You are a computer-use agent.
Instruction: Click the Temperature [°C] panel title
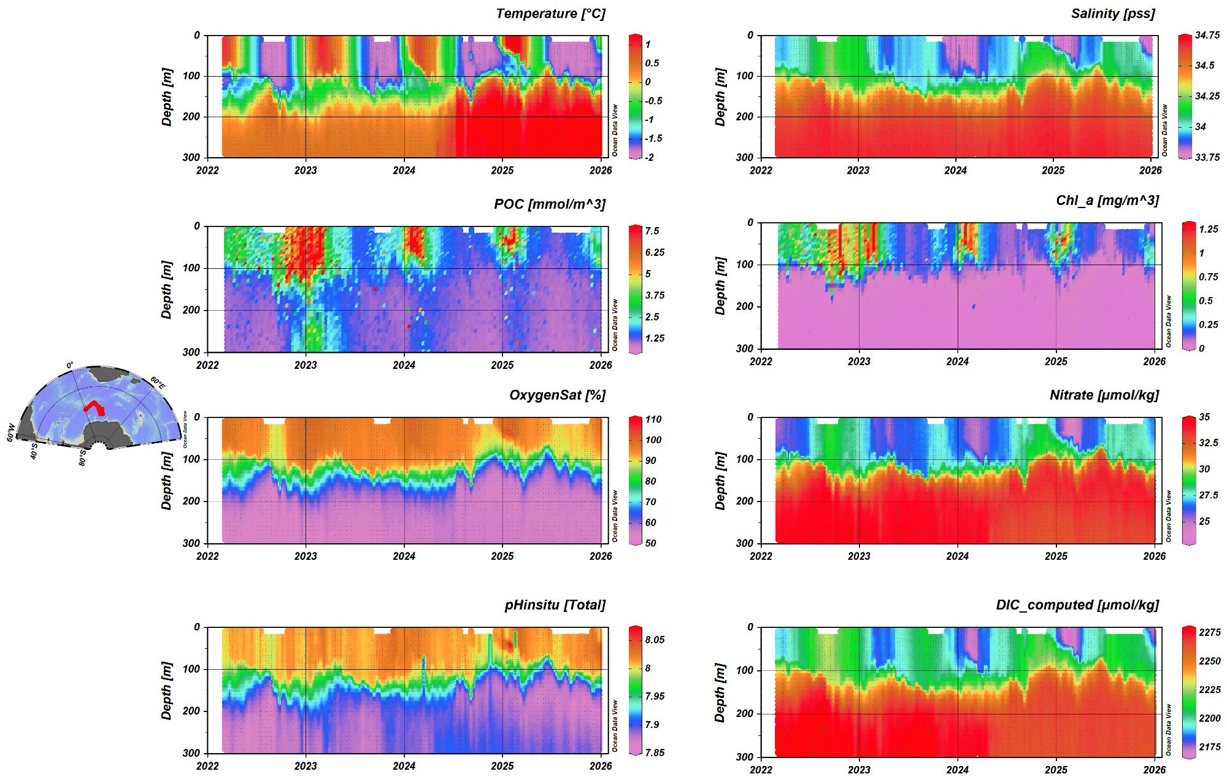(550, 14)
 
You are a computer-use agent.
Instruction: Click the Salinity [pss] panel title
(1113, 14)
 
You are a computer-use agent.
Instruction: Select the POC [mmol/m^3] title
(550, 204)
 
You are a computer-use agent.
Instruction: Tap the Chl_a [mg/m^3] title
(1107, 201)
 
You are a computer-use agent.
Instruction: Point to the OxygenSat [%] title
(557, 395)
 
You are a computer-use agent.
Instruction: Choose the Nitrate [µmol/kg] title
(1104, 395)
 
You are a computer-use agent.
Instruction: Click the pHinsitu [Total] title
(555, 605)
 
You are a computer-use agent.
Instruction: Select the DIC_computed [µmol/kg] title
(1077, 605)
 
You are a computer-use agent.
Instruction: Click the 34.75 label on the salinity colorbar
(1207, 36)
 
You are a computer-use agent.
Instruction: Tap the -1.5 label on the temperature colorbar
(653, 139)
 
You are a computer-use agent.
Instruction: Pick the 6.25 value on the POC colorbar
(655, 253)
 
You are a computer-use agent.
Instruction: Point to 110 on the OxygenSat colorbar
(653, 420)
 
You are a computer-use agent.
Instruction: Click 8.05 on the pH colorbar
(655, 640)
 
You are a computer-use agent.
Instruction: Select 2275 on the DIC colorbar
(1210, 633)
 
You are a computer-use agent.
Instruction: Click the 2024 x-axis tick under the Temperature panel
(404, 171)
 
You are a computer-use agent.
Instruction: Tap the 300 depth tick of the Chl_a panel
(744, 349)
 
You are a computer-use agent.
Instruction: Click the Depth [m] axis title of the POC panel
(166, 290)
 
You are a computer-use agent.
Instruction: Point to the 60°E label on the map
(158, 384)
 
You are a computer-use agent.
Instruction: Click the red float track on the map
(94, 406)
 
